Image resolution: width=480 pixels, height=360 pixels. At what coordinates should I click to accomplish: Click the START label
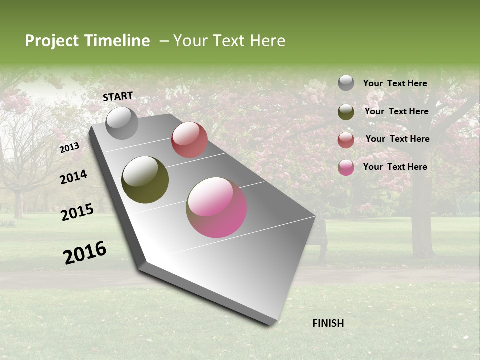118,96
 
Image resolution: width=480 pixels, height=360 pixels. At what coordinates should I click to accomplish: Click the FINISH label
328,323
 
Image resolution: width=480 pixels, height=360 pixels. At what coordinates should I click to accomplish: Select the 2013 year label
69,148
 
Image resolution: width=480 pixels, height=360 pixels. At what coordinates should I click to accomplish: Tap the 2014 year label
73,177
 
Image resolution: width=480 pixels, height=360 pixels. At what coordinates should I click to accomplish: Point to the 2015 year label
77,212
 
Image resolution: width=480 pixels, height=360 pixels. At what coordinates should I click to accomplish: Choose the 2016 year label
85,252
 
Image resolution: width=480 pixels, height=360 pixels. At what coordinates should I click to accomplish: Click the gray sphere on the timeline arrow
122,123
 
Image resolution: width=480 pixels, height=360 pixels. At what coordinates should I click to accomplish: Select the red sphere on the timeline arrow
189,140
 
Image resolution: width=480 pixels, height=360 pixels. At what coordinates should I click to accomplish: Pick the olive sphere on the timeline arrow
145,180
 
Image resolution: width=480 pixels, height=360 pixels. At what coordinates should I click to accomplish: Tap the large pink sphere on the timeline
216,207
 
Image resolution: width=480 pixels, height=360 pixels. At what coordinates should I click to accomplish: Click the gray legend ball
346,83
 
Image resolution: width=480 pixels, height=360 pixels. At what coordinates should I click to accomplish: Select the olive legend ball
346,112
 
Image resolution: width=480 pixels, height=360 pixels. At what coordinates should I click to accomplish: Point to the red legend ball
346,140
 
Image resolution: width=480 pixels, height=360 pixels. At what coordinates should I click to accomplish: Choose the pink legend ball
346,167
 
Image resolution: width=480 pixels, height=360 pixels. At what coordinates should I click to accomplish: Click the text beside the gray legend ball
395,83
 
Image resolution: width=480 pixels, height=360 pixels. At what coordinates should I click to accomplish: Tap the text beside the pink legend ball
395,167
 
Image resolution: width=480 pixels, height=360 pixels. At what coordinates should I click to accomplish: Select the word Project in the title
51,41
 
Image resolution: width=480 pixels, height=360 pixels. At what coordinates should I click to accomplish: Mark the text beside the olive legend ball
396,111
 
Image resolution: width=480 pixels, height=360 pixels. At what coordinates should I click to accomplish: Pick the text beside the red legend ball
397,139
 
